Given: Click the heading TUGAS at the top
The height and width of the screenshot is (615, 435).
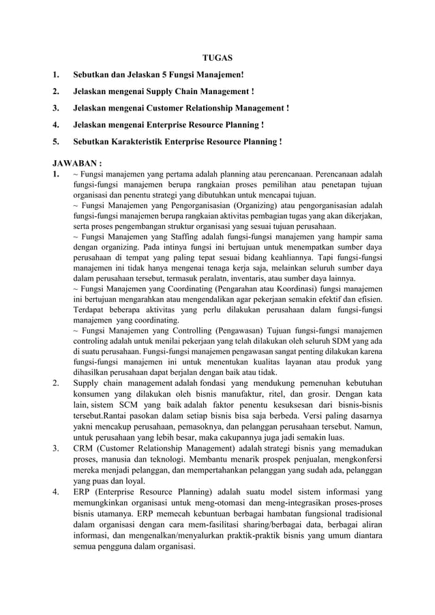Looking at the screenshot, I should pyautogui.click(x=218, y=57).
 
